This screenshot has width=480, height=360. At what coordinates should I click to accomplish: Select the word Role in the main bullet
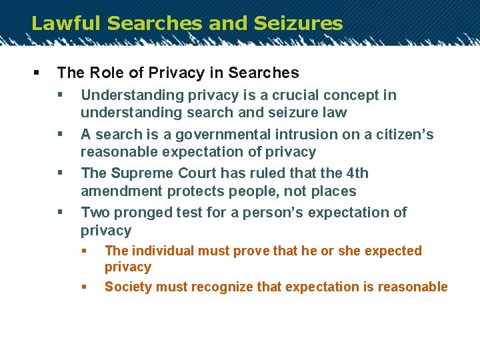point(105,73)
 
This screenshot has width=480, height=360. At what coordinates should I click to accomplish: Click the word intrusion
point(280,135)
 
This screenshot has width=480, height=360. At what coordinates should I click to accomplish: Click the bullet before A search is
point(59,135)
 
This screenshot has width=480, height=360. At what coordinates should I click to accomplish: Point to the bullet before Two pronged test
point(59,213)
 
